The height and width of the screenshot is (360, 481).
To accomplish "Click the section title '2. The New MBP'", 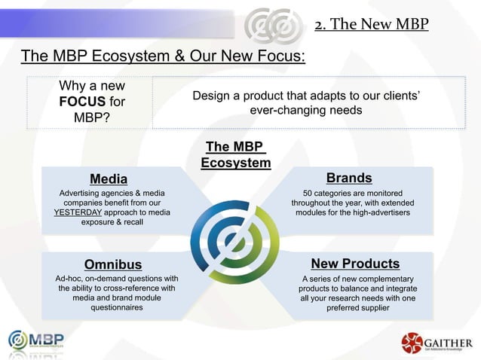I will click(371, 26).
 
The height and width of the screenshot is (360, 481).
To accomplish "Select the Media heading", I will click(109, 178).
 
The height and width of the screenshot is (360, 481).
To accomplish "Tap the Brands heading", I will click(348, 178).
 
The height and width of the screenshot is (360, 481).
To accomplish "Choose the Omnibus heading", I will click(112, 264).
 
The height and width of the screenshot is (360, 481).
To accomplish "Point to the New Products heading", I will click(354, 264).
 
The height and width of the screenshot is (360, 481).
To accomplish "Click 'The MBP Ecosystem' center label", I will click(236, 154).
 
